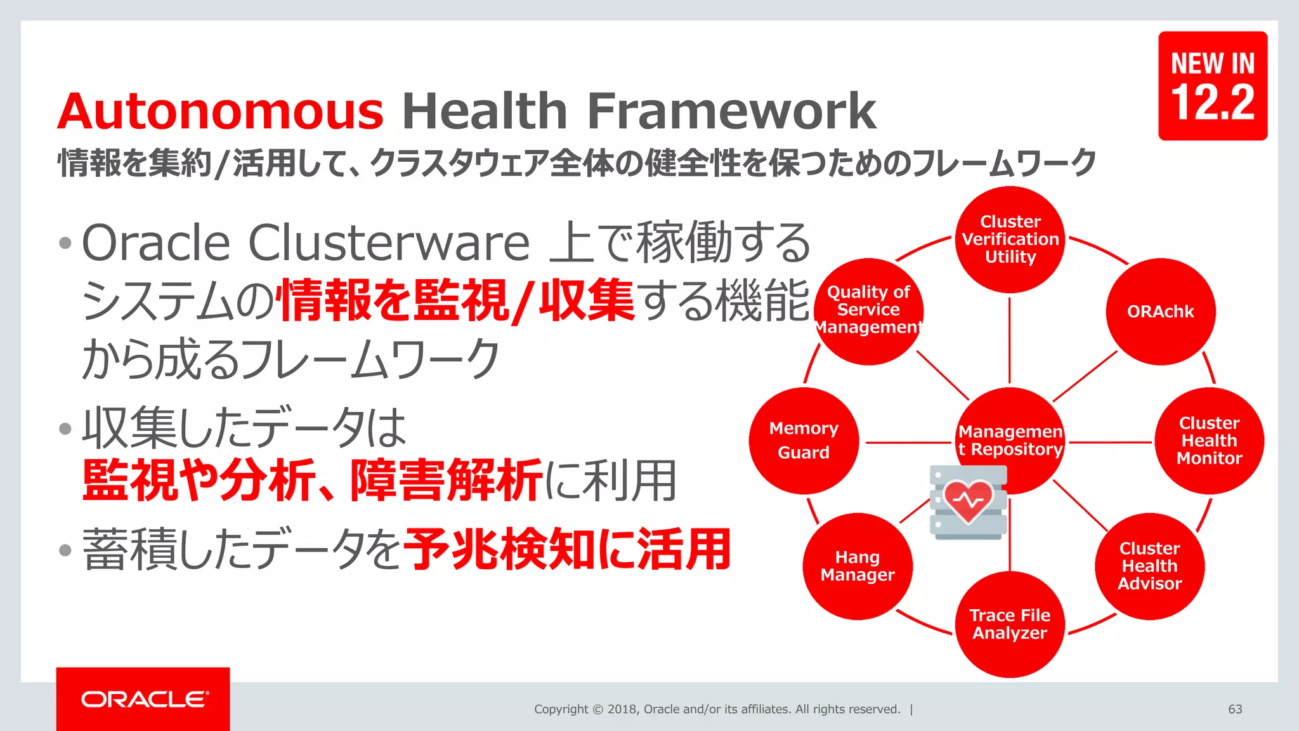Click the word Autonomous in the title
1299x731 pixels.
(x=220, y=112)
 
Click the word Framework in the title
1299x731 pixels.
(x=731, y=112)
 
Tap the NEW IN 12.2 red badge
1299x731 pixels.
(x=1212, y=86)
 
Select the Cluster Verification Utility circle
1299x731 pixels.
(x=1010, y=239)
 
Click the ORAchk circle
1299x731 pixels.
(x=1160, y=312)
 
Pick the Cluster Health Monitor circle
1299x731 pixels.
(x=1209, y=440)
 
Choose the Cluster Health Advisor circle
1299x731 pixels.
(x=1149, y=565)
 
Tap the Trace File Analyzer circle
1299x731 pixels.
(x=1010, y=624)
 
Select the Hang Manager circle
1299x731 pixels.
(x=857, y=565)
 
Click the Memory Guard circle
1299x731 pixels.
(x=803, y=440)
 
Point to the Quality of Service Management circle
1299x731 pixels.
(x=868, y=310)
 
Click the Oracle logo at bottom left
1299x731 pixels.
(x=144, y=699)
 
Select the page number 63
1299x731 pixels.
(x=1235, y=709)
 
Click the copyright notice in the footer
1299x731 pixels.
(x=717, y=709)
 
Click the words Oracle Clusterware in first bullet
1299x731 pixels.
(x=304, y=243)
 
